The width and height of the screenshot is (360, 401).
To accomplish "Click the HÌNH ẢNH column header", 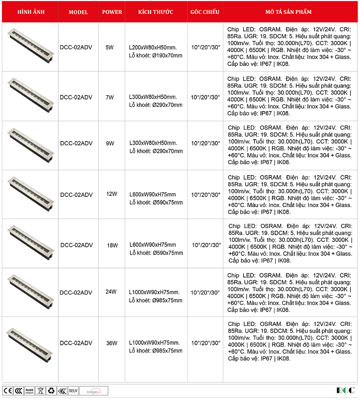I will [x=31, y=12].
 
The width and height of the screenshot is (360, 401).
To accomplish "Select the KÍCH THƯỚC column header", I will [x=156, y=12].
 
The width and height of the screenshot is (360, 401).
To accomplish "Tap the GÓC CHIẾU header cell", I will [x=205, y=12].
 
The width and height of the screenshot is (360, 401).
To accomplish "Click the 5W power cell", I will [x=110, y=47].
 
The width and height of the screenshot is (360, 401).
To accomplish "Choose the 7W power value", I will [x=110, y=97].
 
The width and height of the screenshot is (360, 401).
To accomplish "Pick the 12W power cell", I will [x=112, y=194].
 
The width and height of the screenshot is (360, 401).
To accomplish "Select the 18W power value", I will [x=112, y=245].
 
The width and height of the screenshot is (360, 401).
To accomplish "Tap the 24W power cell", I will [x=111, y=292].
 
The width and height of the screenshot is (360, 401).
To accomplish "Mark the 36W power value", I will [x=112, y=343].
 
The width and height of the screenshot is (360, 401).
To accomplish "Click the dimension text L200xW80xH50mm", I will [x=153, y=47].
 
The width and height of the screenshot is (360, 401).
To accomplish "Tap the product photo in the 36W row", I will [x=31, y=342].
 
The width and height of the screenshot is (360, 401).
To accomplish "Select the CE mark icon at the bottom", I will [x=8, y=391].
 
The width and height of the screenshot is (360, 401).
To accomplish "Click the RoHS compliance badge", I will [x=29, y=391].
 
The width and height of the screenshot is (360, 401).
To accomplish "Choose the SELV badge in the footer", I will [x=73, y=391].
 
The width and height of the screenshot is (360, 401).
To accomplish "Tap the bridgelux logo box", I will [x=94, y=391].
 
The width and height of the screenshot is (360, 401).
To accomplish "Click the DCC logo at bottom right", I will [x=345, y=390].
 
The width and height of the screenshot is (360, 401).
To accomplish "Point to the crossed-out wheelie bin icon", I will [x=40, y=391].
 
